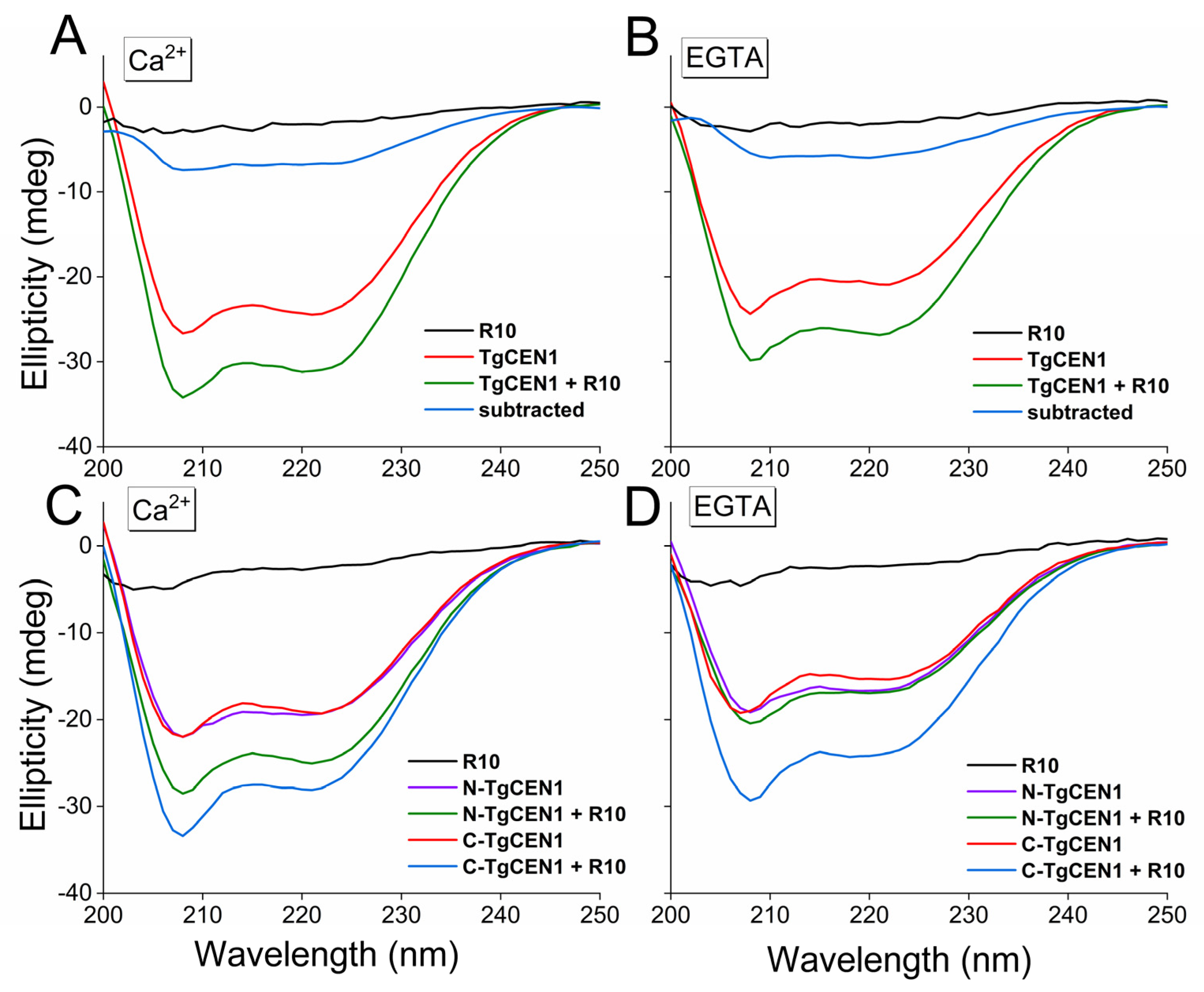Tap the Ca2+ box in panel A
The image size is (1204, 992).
tap(157, 60)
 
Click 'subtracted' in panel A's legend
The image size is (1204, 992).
tap(531, 410)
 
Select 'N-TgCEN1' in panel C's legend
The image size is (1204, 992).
tap(513, 788)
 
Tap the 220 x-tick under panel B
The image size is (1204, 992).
tap(869, 469)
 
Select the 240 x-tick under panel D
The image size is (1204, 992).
tap(1067, 915)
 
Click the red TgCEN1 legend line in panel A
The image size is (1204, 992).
tap(449, 357)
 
